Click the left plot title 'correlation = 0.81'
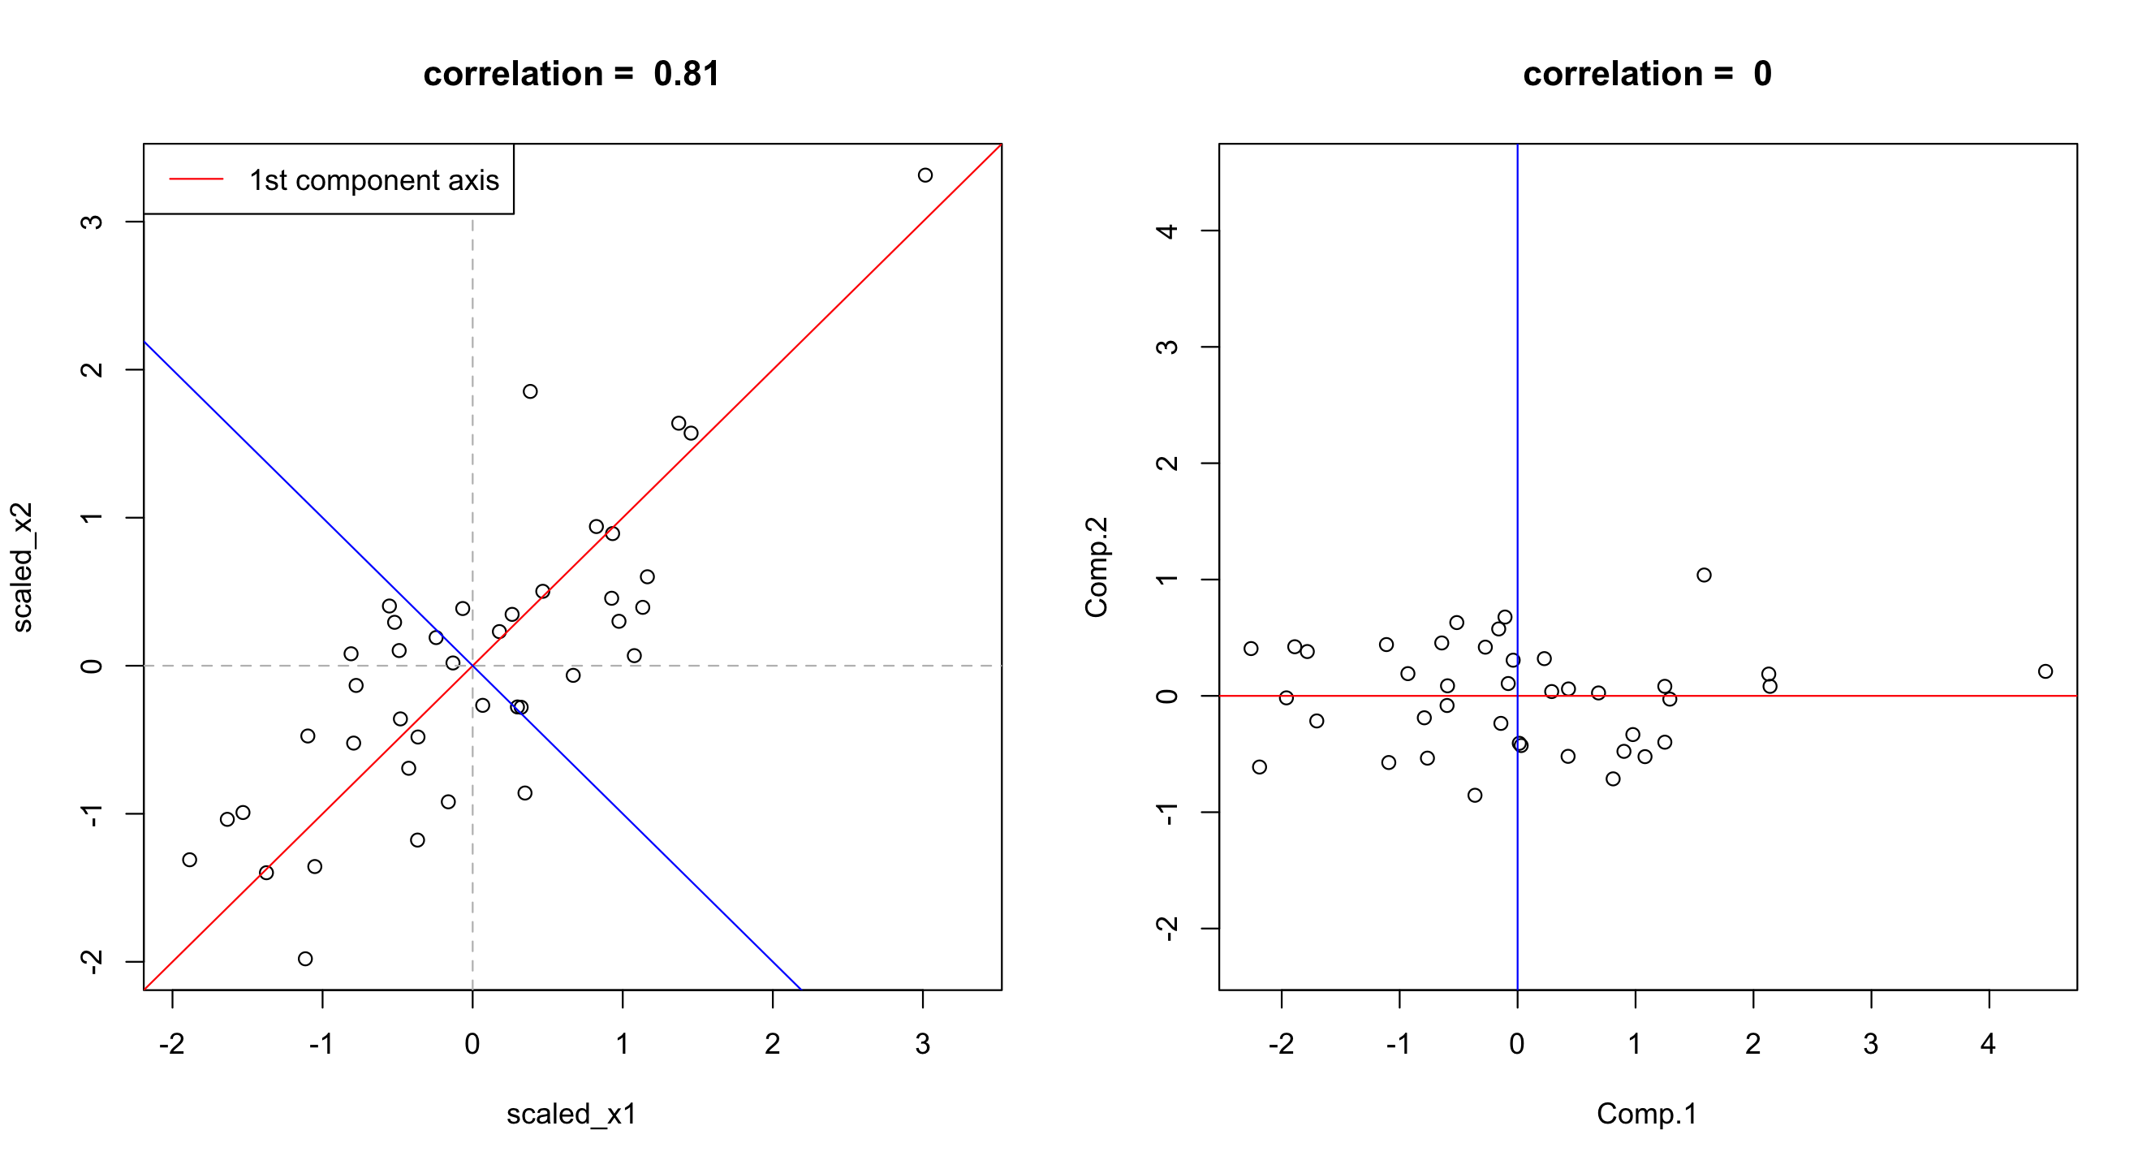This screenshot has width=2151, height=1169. coord(571,75)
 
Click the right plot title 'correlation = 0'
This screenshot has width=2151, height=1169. coord(1646,75)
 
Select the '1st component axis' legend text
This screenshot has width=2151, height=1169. coord(373,180)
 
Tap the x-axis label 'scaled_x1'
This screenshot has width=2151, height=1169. coord(571,1114)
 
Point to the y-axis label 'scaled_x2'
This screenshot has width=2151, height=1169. coord(23,567)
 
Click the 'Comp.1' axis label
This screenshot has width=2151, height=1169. coord(1647,1114)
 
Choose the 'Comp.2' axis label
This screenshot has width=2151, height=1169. coord(1096,567)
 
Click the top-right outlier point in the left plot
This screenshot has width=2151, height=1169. coord(925,175)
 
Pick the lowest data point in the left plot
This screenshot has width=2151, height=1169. coord(306,959)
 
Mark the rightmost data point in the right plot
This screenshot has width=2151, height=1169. coord(2045,671)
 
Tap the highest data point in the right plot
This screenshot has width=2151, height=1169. coord(1705,575)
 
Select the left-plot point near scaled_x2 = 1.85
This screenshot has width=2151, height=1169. coord(530,391)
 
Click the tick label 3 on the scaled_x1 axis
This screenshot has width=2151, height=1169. coord(923,1044)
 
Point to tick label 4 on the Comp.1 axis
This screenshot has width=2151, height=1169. coord(1989,1044)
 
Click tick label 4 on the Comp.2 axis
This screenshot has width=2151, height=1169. coord(1168,231)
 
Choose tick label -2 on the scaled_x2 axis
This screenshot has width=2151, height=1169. coord(91,962)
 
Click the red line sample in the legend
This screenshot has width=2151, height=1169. coord(196,179)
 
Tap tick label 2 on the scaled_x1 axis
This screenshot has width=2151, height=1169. coord(773,1044)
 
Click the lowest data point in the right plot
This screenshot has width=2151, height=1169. coord(1476,795)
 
